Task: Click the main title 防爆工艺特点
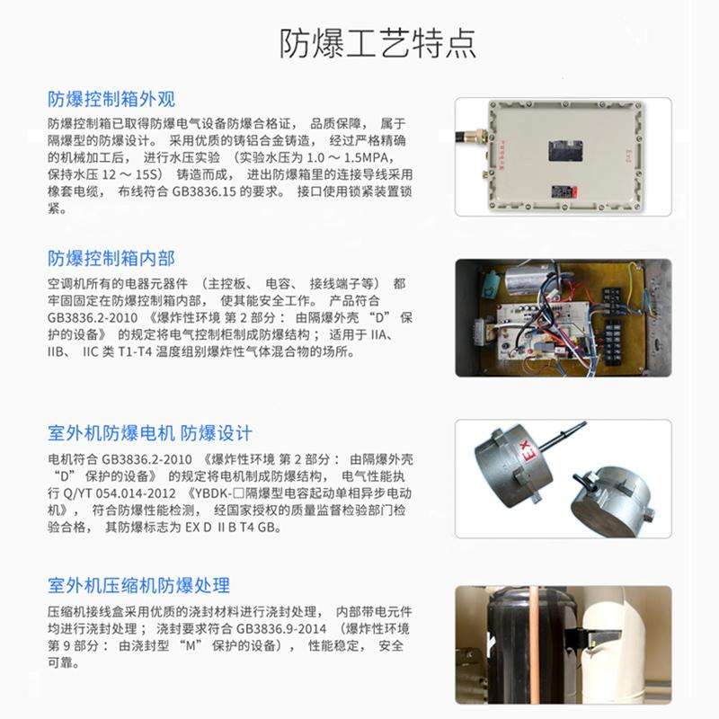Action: [378, 43]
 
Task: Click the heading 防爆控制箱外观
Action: [111, 99]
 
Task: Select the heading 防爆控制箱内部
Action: [111, 259]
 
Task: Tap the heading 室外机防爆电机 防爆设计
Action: [150, 433]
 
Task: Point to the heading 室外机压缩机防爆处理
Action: [139, 586]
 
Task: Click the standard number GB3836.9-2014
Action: [281, 628]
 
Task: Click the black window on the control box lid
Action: [565, 151]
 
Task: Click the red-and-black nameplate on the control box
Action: [564, 191]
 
